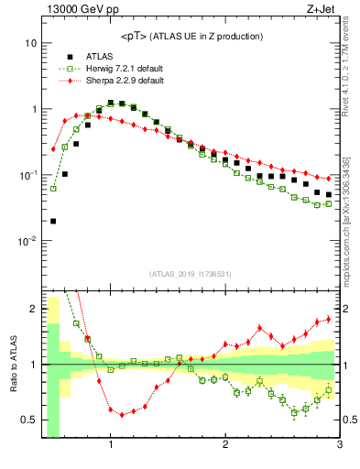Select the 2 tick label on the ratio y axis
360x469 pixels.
(x=33, y=309)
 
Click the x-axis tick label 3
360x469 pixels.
(x=340, y=444)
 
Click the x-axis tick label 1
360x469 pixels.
(x=111, y=444)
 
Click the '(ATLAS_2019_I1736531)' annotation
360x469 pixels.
(x=191, y=274)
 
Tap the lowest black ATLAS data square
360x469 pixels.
(x=53, y=221)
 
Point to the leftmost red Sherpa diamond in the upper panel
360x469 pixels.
(x=53, y=148)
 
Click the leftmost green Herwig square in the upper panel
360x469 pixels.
(x=53, y=189)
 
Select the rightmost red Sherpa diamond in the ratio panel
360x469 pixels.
(x=329, y=319)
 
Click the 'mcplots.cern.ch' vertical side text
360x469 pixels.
(x=352, y=229)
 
